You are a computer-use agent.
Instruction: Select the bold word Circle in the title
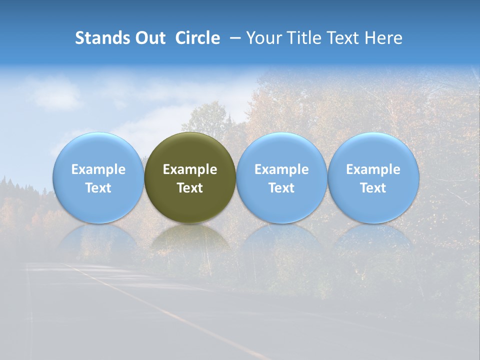click(x=197, y=38)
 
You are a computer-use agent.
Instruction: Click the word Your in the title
click(x=261, y=38)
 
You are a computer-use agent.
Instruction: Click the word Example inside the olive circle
click(x=190, y=169)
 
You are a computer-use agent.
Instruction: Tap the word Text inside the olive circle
click(x=190, y=188)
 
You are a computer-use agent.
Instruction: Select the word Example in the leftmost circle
click(x=98, y=169)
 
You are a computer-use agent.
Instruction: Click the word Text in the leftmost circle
click(x=98, y=188)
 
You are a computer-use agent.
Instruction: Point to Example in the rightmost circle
click(x=373, y=169)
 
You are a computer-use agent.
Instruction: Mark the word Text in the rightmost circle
click(x=373, y=188)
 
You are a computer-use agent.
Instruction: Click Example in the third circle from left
click(x=281, y=169)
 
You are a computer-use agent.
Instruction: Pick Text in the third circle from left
click(x=281, y=188)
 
